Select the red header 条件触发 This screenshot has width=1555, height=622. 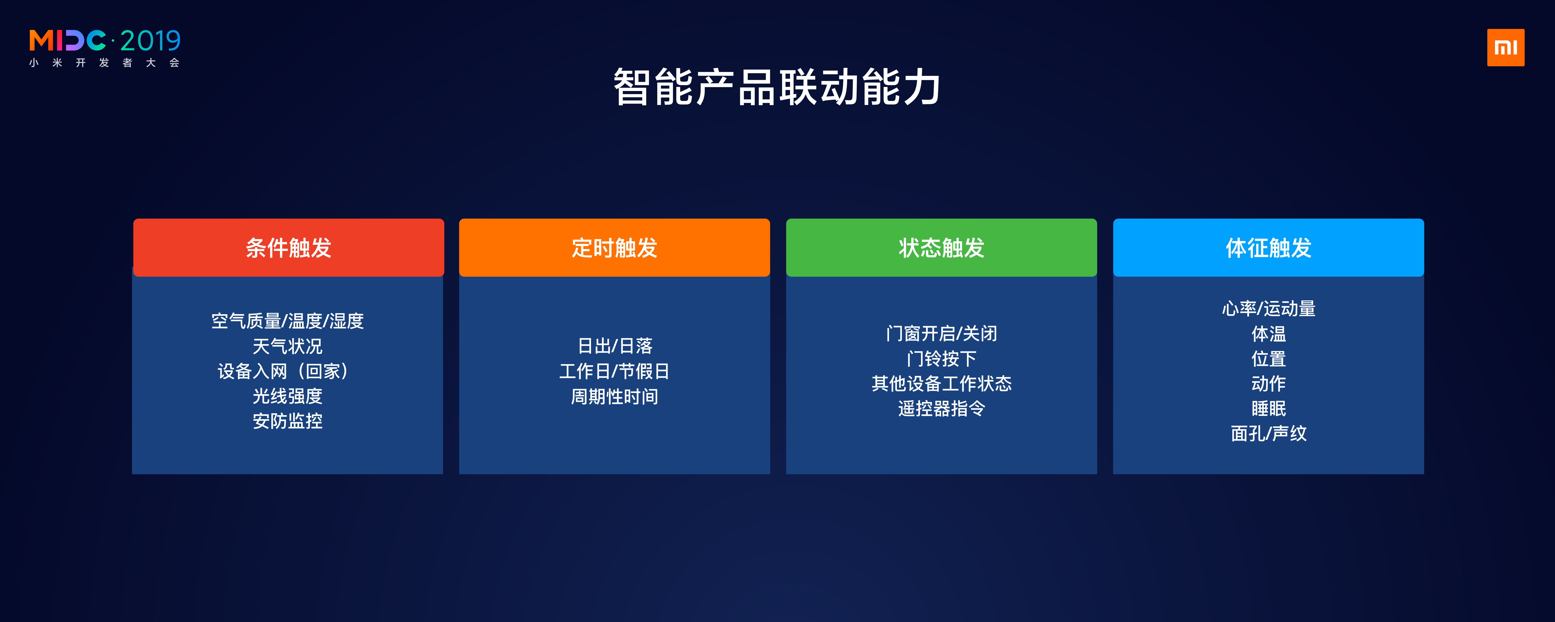click(x=288, y=248)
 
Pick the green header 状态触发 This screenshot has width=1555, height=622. click(x=941, y=248)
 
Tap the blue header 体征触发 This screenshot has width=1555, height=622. click(x=1268, y=248)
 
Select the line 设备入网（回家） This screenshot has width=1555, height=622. click(x=284, y=371)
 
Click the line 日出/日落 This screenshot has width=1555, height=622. click(x=614, y=346)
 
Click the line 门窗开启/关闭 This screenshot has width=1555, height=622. click(x=941, y=333)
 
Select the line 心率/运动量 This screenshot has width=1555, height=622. click(x=1268, y=309)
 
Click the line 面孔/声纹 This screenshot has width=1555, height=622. click(x=1268, y=434)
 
